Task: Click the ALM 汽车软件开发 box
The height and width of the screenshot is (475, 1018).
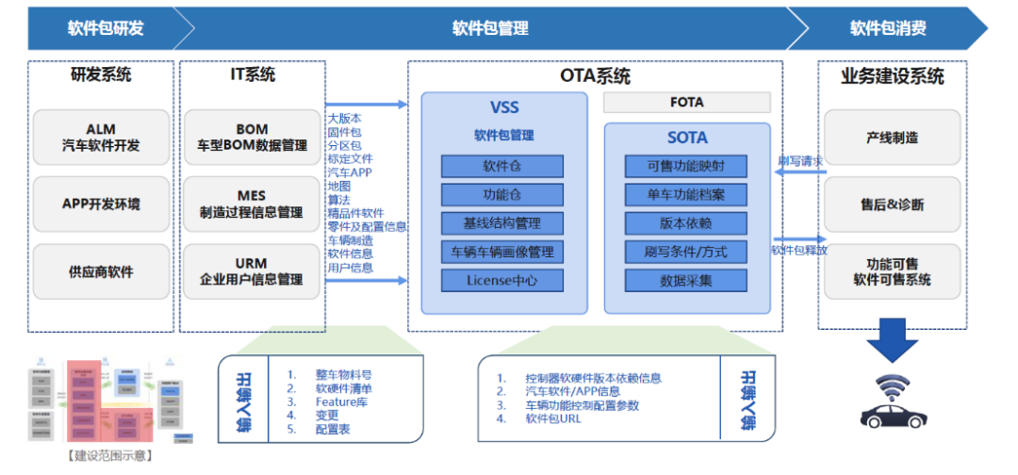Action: tap(101, 138)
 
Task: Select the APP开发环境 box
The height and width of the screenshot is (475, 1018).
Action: tap(101, 205)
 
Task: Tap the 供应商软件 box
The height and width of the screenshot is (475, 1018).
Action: tap(101, 271)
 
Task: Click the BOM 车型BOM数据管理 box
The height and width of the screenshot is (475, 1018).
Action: tap(252, 138)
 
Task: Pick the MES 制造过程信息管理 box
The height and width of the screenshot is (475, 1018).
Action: tap(252, 205)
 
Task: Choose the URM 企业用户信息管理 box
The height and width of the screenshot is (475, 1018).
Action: tap(252, 271)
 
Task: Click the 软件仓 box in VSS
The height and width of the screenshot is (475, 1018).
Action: tap(502, 167)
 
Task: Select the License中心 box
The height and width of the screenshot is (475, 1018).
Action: tap(502, 280)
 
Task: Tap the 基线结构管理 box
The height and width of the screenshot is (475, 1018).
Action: tap(502, 223)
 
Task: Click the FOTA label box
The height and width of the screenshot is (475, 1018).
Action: tap(686, 102)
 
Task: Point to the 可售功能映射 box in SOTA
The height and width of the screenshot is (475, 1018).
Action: tap(685, 167)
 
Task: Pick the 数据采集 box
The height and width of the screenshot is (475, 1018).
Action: tap(685, 280)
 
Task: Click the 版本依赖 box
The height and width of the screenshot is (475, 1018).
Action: tap(685, 223)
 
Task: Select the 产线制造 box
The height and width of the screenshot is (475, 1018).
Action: tap(892, 138)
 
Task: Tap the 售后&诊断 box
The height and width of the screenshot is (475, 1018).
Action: tap(892, 205)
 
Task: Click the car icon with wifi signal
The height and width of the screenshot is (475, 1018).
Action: tap(892, 402)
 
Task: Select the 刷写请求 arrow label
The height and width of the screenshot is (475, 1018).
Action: tap(800, 161)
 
